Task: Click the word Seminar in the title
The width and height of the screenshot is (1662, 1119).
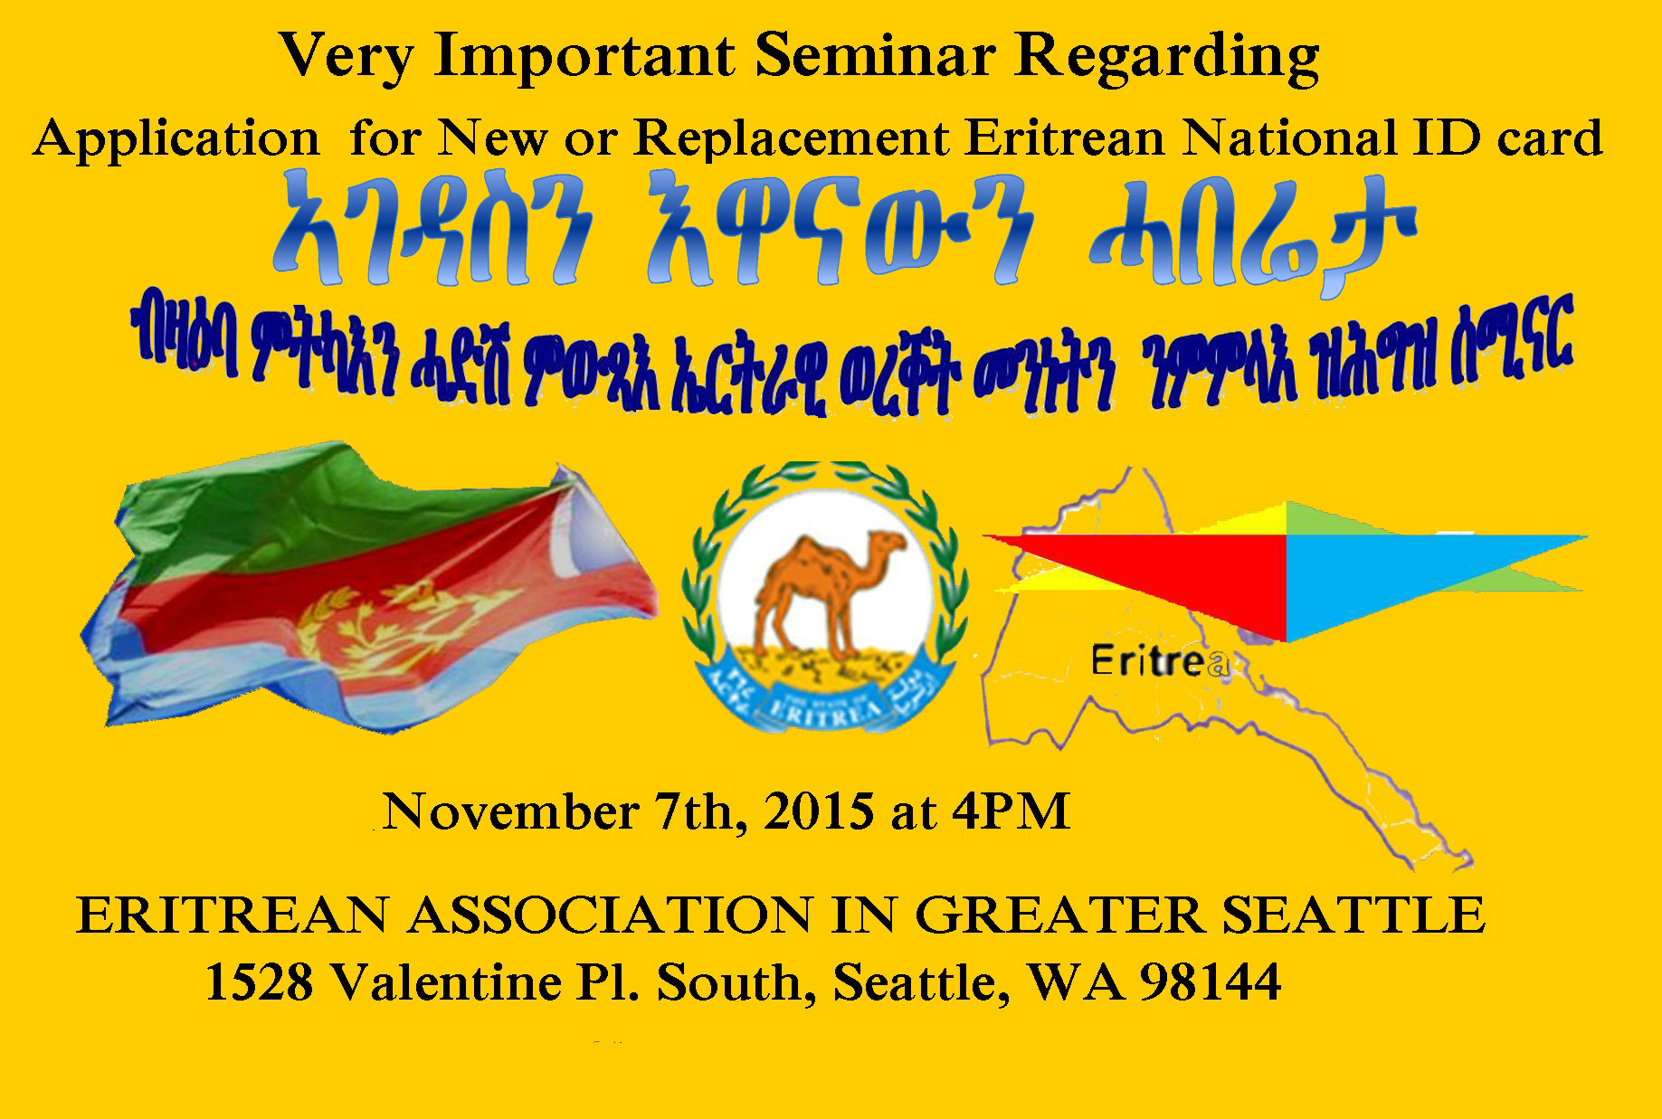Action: (873, 56)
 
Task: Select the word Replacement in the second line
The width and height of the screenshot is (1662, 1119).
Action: (791, 139)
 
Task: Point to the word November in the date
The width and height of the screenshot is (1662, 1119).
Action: (511, 811)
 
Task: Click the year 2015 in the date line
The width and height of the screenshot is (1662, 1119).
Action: (819, 811)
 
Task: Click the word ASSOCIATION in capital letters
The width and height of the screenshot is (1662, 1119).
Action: (611, 915)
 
